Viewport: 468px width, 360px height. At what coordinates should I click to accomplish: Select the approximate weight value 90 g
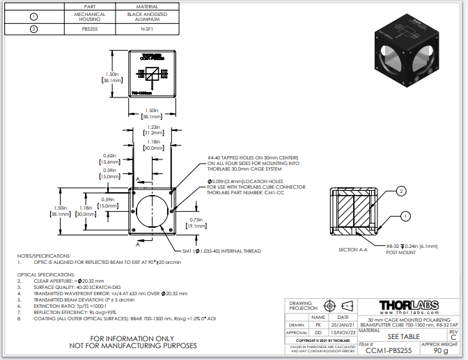440,351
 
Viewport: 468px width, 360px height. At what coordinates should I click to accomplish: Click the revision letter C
453,337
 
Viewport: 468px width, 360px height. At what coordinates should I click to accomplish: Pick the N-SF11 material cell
147,29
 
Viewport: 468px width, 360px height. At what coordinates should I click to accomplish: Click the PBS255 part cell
90,29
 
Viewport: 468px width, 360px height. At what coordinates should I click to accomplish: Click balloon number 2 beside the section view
401,190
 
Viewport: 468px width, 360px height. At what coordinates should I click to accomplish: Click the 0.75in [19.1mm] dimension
196,223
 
